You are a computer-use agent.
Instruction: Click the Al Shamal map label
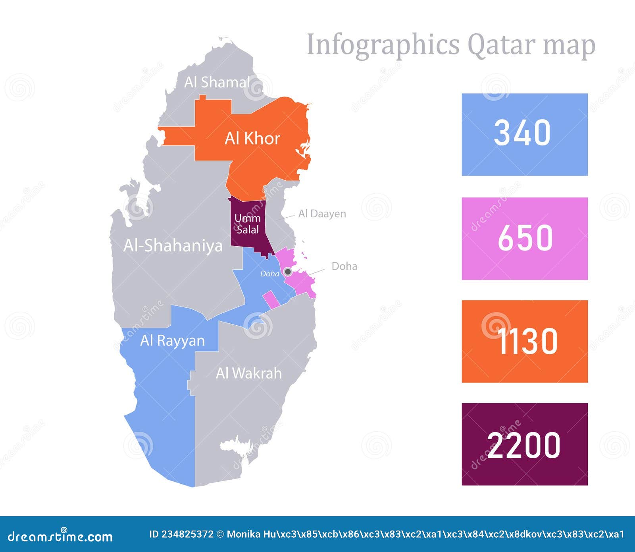[x=217, y=82]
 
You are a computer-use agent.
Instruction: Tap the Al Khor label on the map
[x=252, y=139]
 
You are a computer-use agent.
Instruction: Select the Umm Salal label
[x=247, y=224]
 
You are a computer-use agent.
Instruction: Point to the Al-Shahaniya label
[x=173, y=246]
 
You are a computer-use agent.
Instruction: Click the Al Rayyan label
[x=172, y=341]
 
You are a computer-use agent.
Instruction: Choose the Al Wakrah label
[x=249, y=373]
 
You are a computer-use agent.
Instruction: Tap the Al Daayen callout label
[x=322, y=214]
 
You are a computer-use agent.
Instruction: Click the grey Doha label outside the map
[x=344, y=266]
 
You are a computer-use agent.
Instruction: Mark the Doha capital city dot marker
[x=288, y=272]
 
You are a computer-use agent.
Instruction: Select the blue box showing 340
[x=524, y=135]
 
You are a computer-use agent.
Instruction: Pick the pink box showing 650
[x=524, y=238]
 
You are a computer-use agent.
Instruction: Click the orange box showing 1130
[x=524, y=342]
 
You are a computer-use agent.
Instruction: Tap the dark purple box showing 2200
[x=524, y=444]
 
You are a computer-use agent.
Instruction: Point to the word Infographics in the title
[x=383, y=45]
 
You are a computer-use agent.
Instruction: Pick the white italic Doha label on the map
[x=269, y=274]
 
